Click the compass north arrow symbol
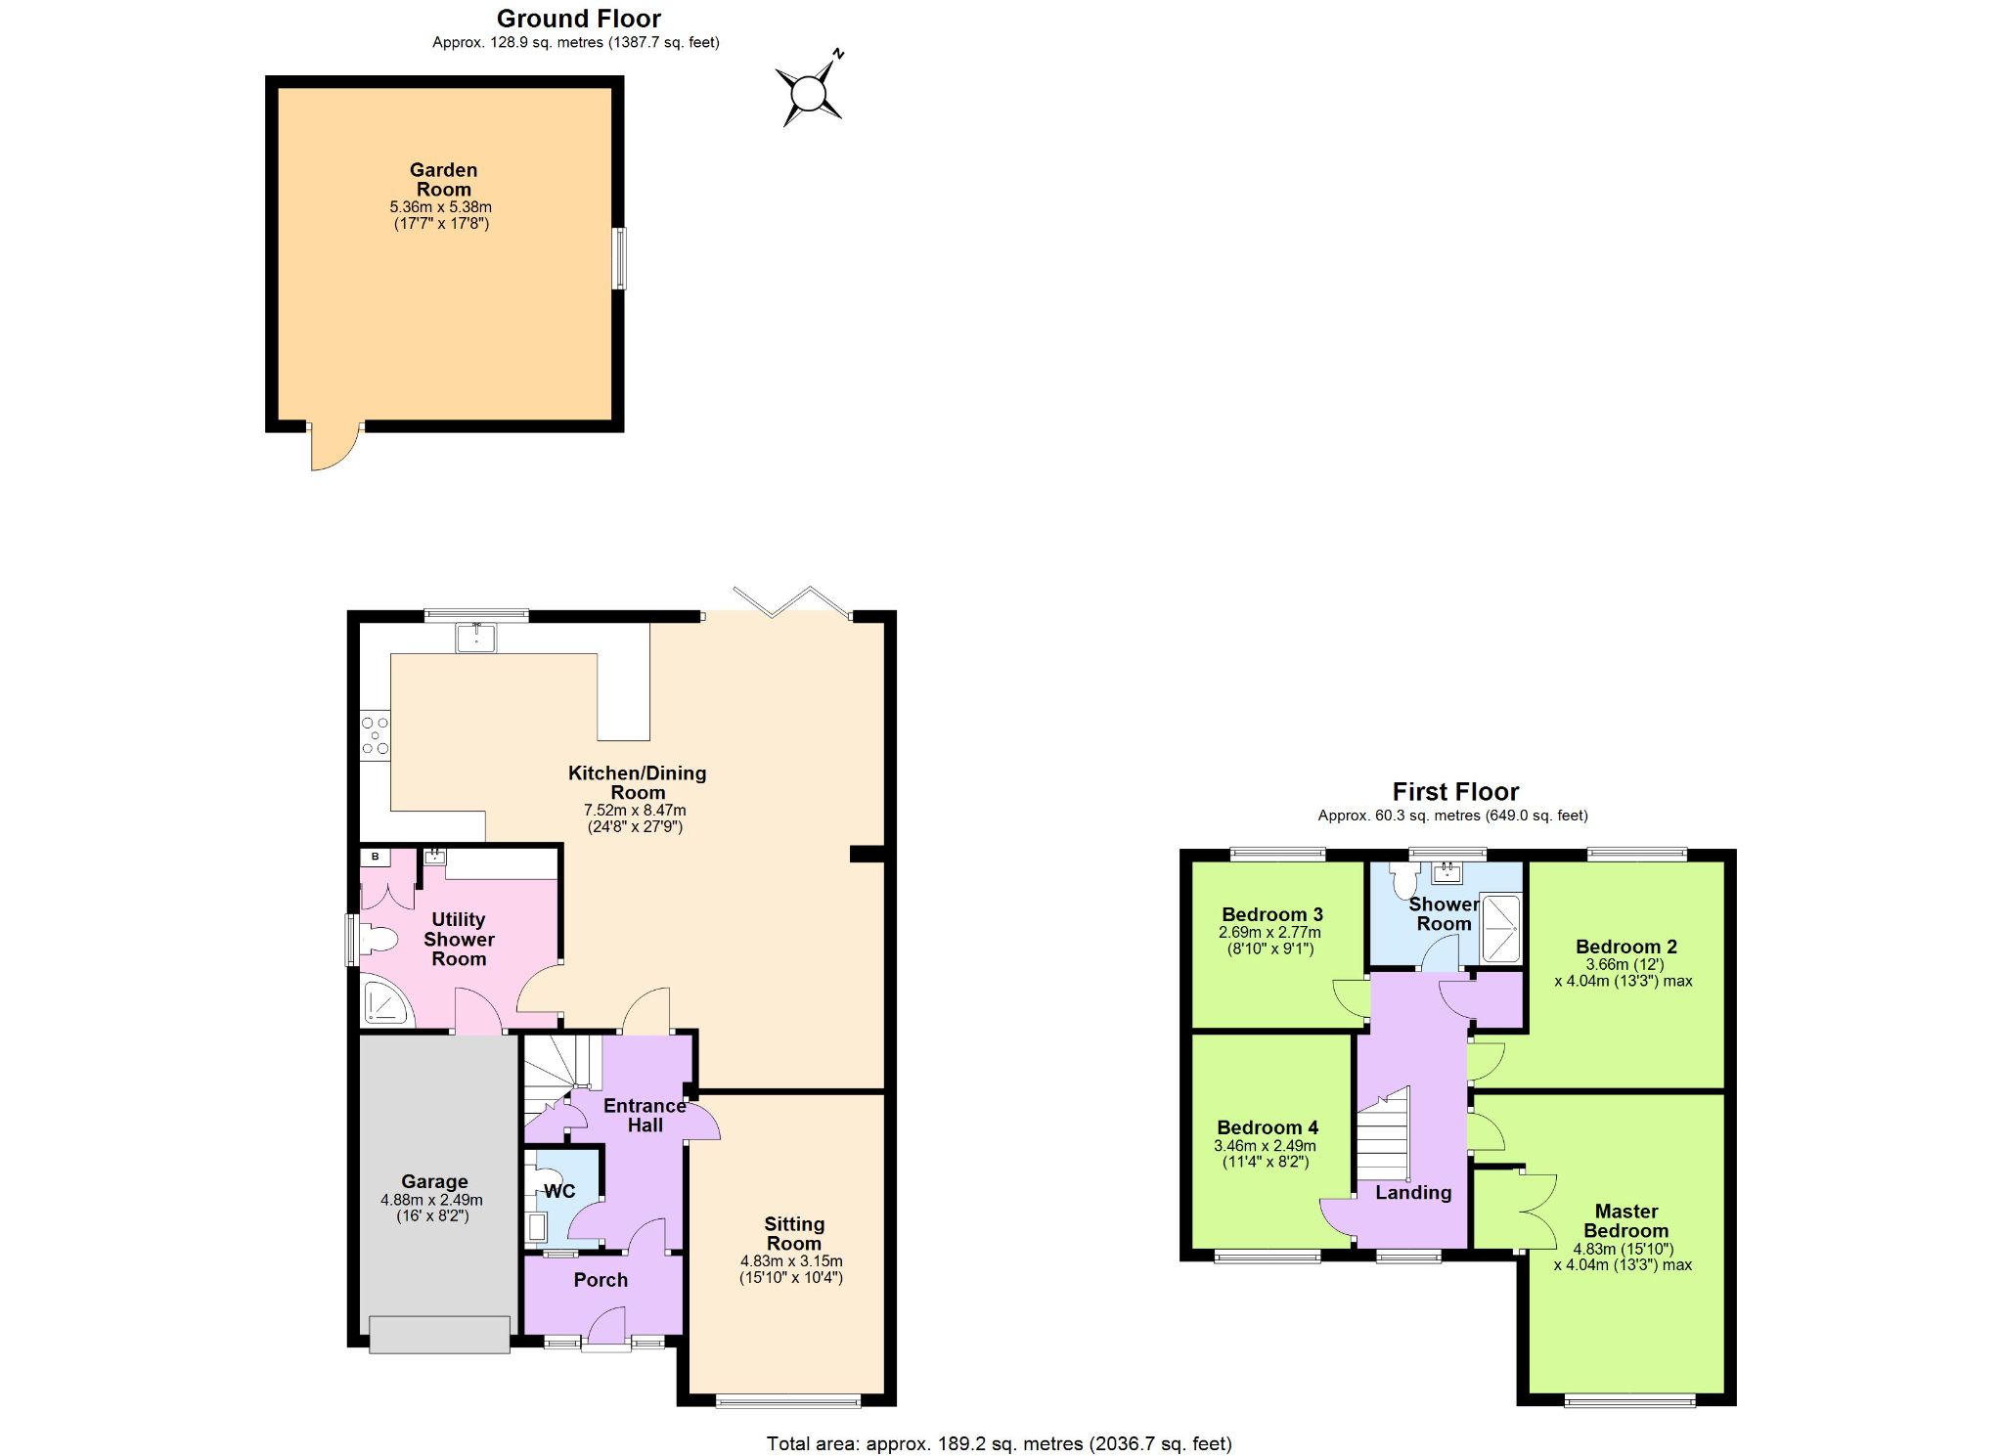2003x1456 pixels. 809,93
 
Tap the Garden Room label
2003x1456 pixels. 443,180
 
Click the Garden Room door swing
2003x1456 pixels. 335,448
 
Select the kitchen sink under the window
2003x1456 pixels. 476,638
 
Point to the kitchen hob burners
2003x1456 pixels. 375,735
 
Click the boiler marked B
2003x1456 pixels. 376,858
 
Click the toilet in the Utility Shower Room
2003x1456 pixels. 378,941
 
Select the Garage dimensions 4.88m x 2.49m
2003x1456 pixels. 431,1200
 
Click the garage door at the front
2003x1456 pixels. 439,1335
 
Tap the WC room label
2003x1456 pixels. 559,1191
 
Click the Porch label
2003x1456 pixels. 601,1280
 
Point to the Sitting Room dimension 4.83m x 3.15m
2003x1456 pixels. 791,1261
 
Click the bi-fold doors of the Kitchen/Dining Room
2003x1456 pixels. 792,601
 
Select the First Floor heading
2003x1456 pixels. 1455,791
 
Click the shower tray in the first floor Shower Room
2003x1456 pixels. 1501,927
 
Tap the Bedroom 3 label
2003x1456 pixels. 1271,914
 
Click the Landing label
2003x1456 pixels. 1413,1192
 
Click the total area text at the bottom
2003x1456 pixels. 999,1443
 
